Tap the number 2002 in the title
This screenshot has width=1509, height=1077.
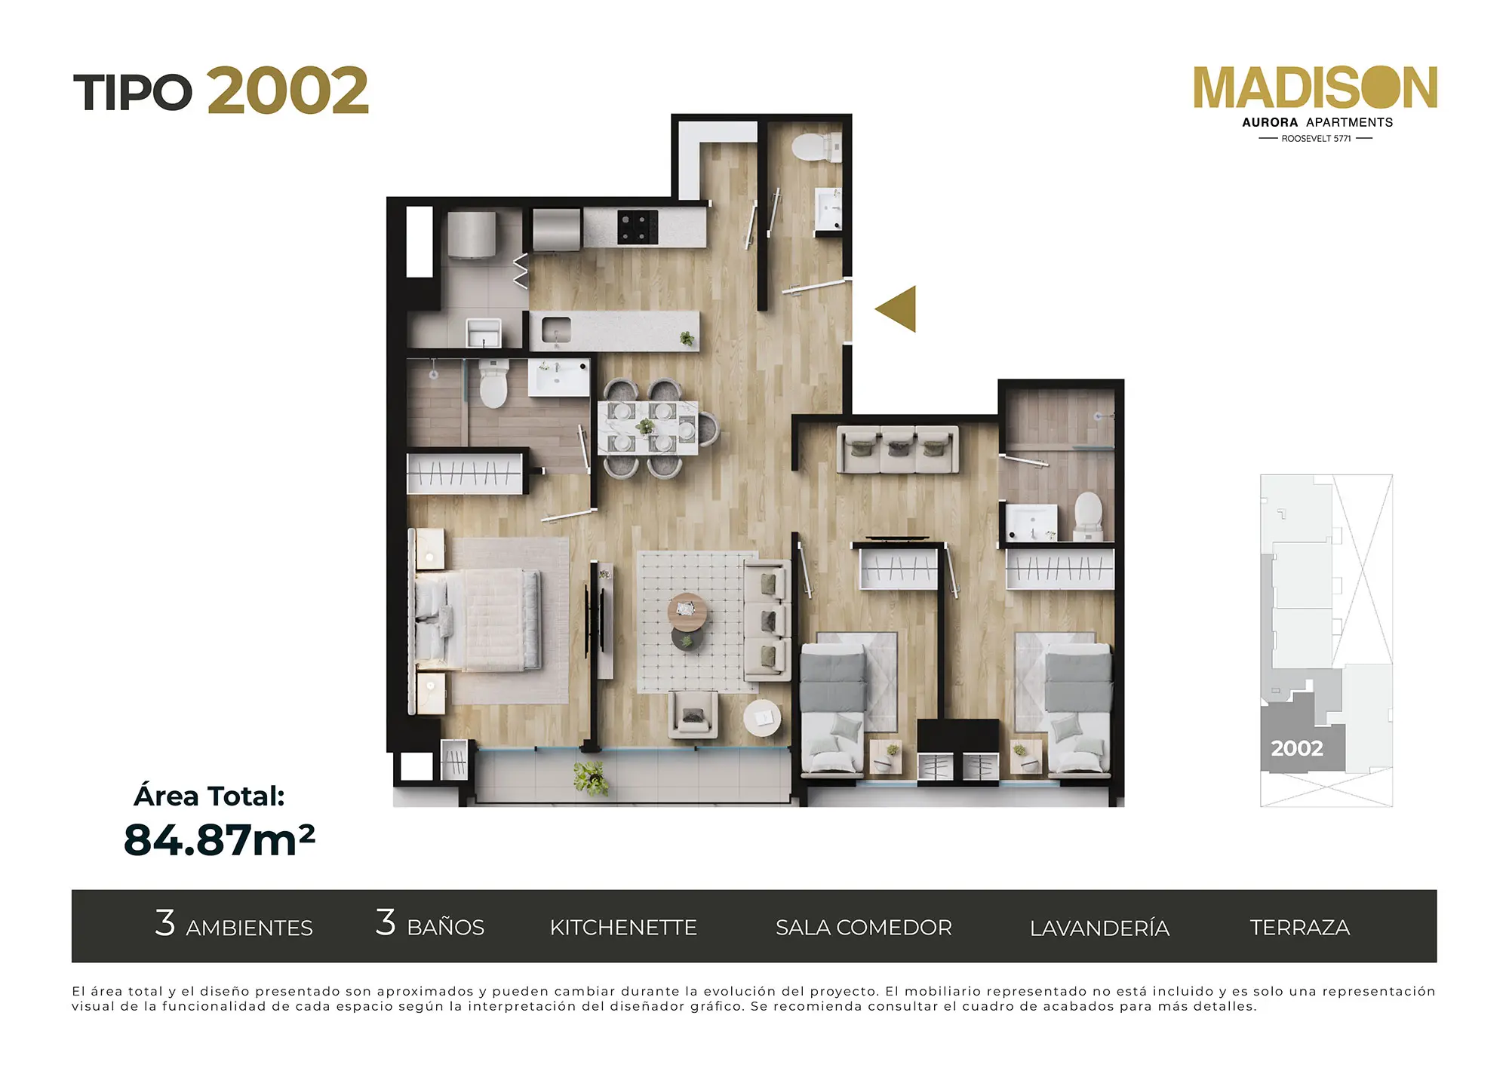click(287, 91)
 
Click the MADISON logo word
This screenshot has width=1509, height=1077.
click(1315, 88)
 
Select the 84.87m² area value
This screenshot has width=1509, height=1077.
click(219, 839)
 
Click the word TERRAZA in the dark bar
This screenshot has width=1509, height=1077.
click(1299, 928)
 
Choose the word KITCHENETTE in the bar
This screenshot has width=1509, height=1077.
click(623, 928)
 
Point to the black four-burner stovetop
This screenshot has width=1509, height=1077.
click(638, 227)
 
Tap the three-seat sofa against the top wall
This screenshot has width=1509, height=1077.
click(898, 450)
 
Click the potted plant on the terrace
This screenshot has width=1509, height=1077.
click(591, 778)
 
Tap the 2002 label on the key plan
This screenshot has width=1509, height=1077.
click(1296, 748)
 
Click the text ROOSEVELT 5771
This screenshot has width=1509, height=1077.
click(1316, 139)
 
